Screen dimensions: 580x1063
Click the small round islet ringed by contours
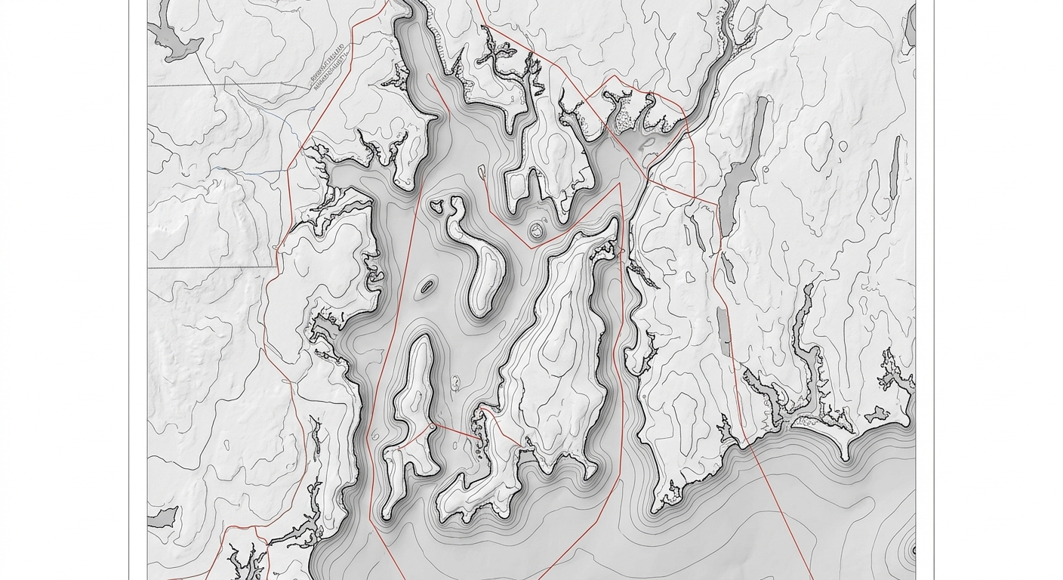(537, 230)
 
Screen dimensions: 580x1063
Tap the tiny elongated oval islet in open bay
(427, 286)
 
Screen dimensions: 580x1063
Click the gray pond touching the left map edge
(162, 518)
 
